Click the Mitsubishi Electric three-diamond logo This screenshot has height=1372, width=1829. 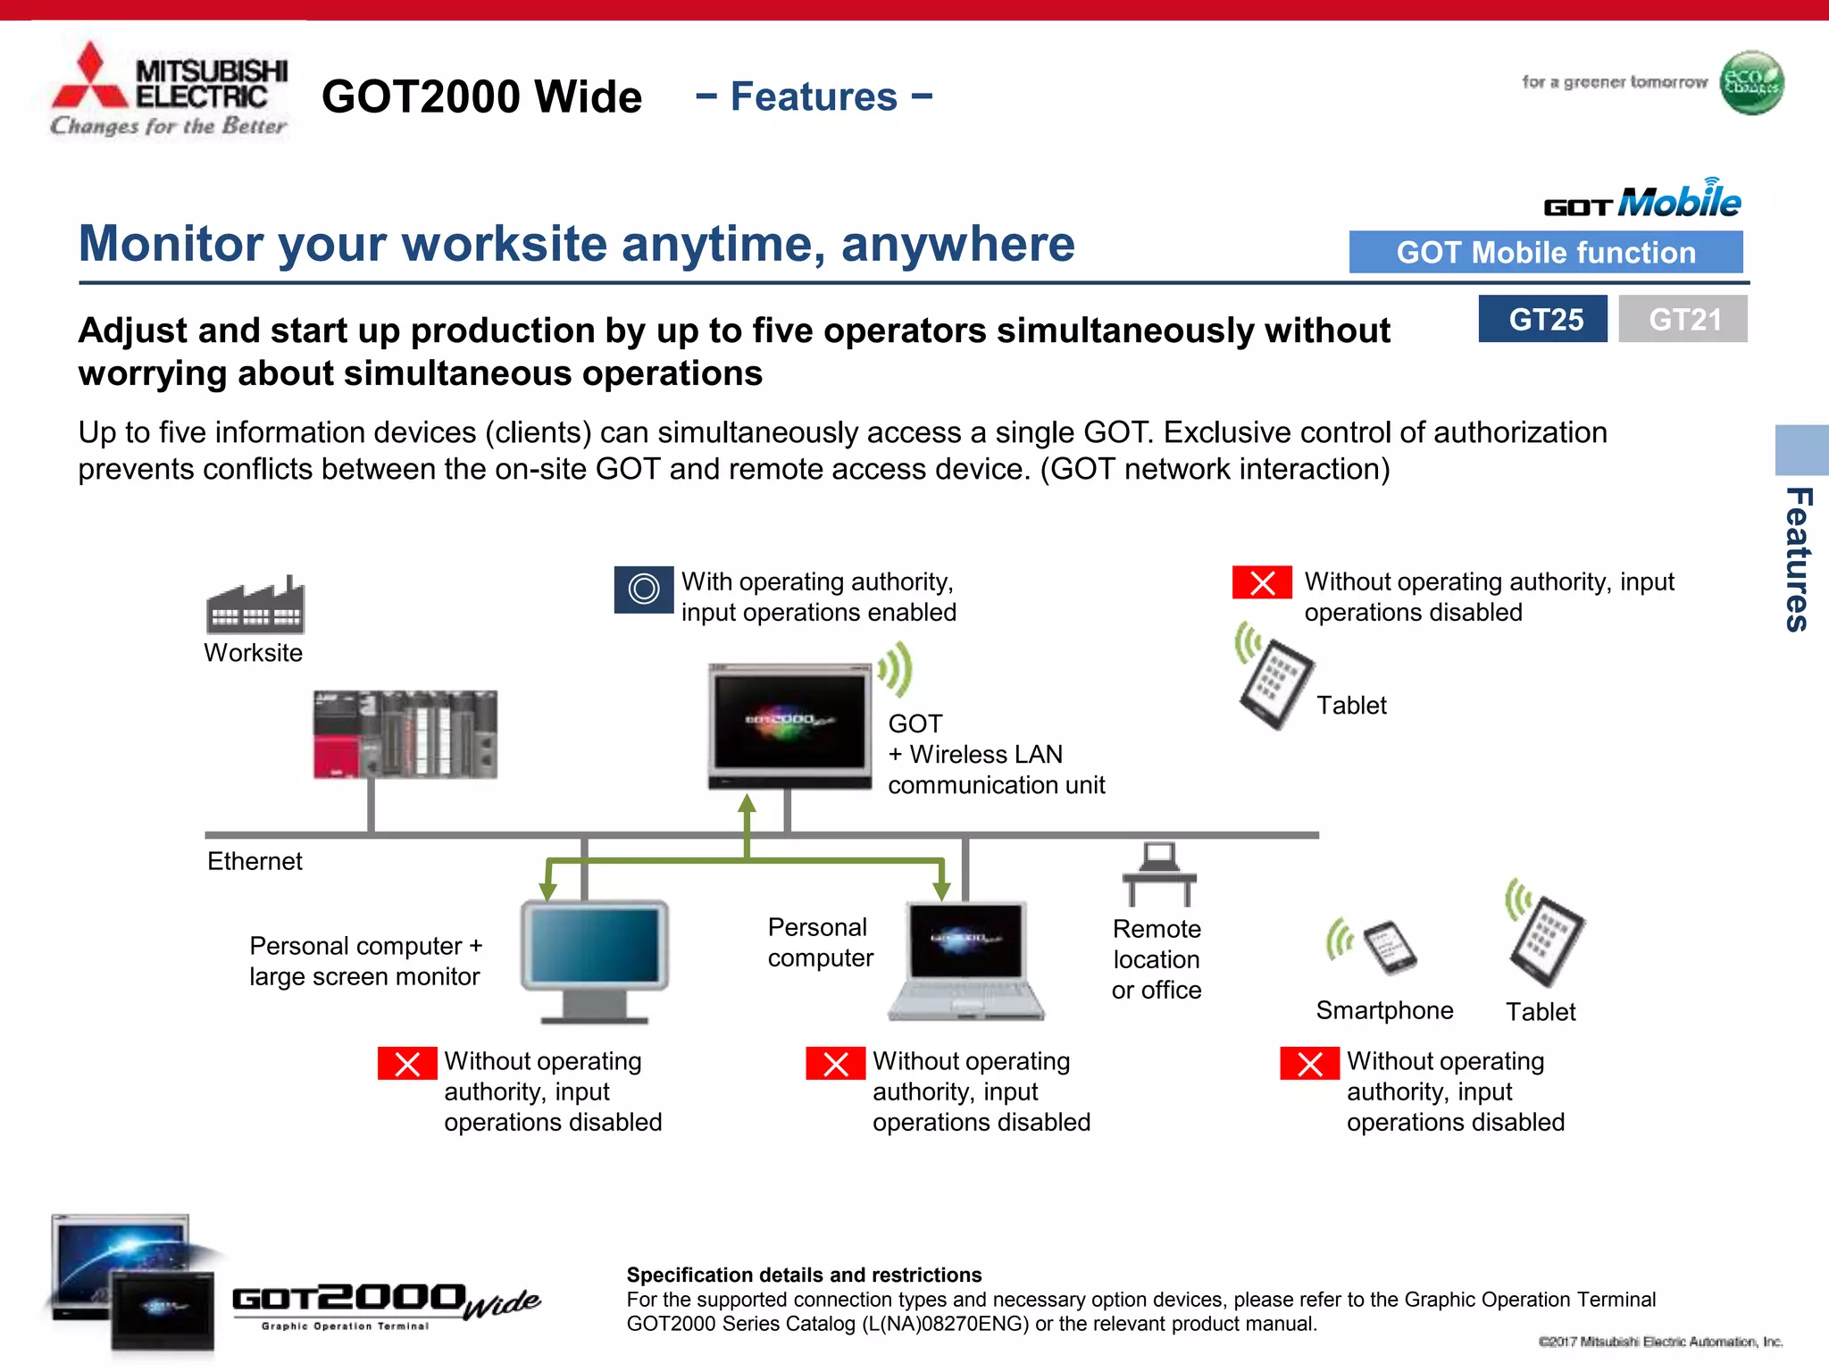pyautogui.click(x=89, y=79)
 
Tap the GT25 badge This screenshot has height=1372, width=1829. pyautogui.click(x=1542, y=319)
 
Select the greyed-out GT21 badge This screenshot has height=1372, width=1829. pyautogui.click(x=1683, y=319)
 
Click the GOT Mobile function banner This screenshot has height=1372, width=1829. pyautogui.click(x=1545, y=253)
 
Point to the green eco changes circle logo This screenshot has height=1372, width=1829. pyautogui.click(x=1751, y=83)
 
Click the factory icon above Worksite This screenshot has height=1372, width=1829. pyautogui.click(x=255, y=606)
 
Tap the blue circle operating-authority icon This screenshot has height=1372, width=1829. pyautogui.click(x=643, y=590)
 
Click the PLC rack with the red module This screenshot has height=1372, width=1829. pyautogui.click(x=405, y=734)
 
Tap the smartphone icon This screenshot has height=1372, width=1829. pyautogui.click(x=1390, y=947)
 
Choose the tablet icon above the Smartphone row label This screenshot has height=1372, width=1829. pyautogui.click(x=1546, y=940)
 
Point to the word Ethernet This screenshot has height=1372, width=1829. pyautogui.click(x=255, y=861)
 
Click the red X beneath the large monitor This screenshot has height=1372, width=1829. pyautogui.click(x=407, y=1064)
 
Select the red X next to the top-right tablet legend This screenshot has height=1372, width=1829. pyautogui.click(x=1262, y=582)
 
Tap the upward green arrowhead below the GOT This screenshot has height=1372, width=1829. pyautogui.click(x=747, y=803)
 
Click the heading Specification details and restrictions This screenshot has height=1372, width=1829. pyautogui.click(x=804, y=1275)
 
